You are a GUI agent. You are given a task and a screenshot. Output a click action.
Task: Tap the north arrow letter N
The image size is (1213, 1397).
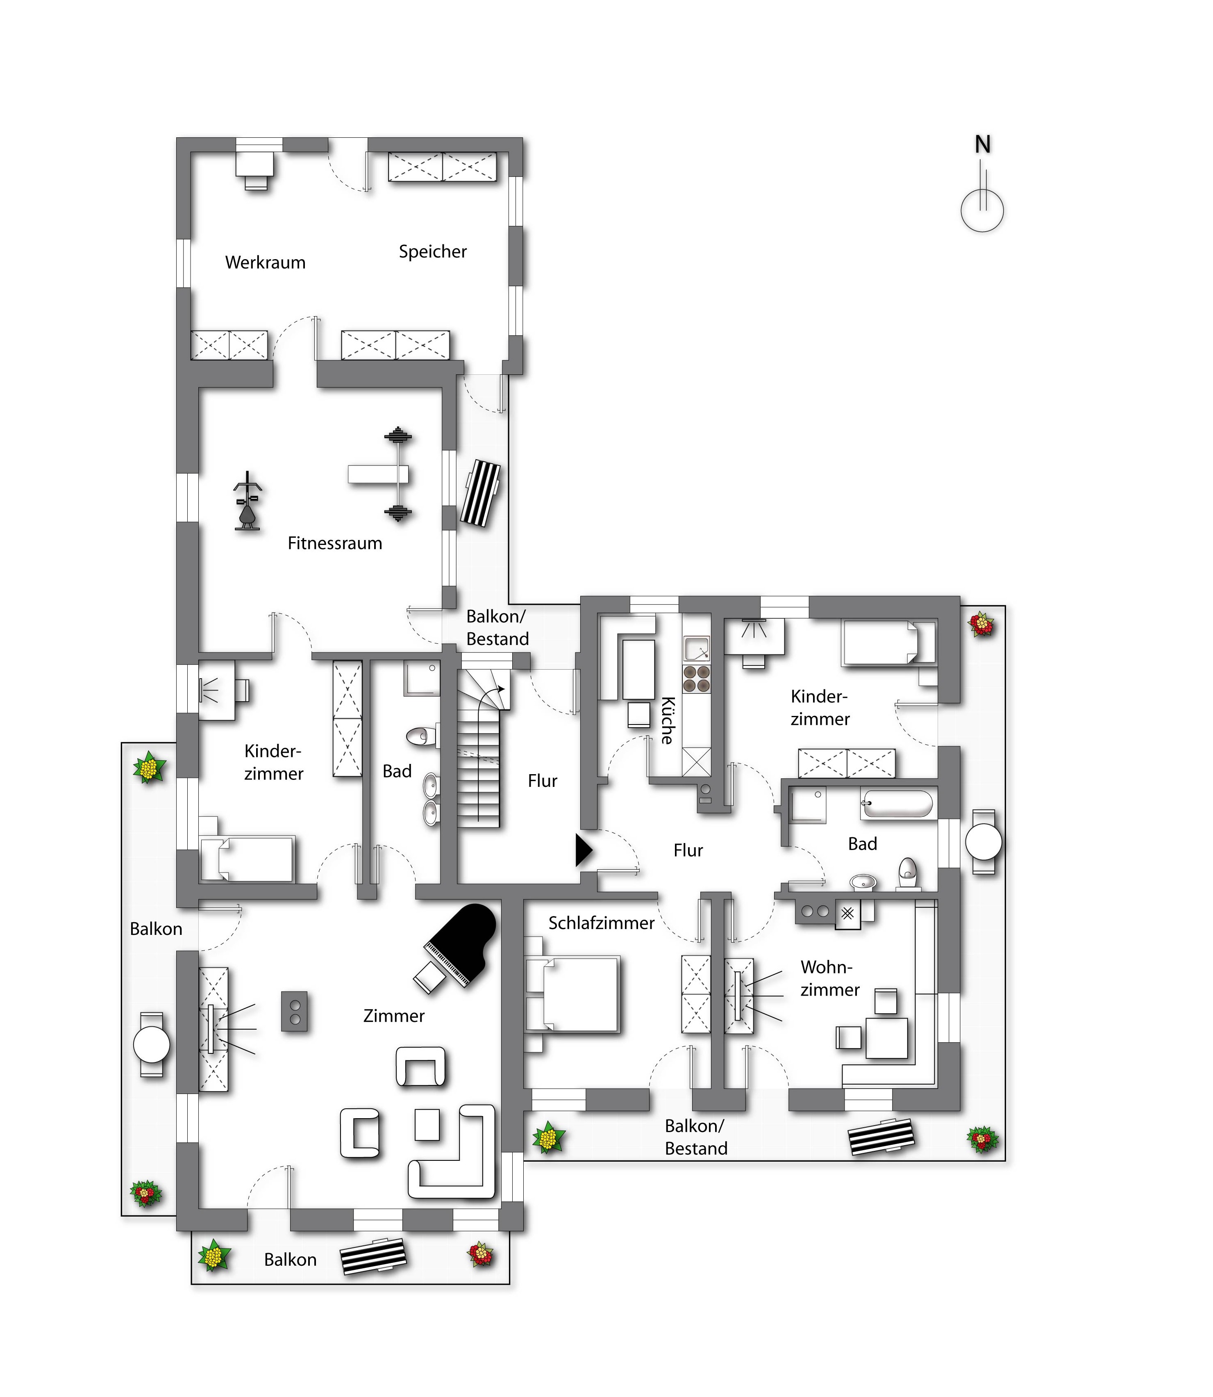point(982,144)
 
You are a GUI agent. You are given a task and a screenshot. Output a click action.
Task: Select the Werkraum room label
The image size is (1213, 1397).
point(266,263)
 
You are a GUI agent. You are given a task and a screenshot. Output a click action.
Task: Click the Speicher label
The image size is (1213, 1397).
point(432,252)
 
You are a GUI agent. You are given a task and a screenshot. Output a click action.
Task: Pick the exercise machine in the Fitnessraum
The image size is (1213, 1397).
point(248,501)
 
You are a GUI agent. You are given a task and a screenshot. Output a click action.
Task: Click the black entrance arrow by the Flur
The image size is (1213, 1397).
point(583,850)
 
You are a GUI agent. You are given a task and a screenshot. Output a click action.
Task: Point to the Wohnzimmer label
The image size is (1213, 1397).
point(829,978)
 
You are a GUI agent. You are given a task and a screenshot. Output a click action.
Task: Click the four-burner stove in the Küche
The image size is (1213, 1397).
point(696,679)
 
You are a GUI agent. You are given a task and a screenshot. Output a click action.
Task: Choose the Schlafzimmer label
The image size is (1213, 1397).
point(601,923)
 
